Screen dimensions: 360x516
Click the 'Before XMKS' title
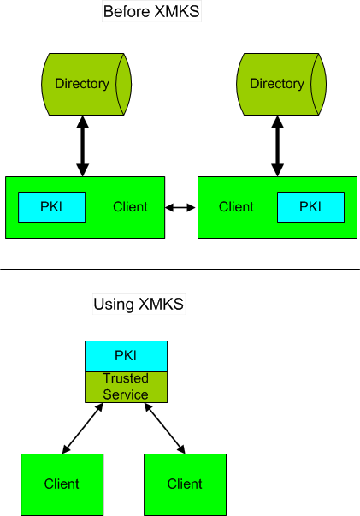tap(151, 11)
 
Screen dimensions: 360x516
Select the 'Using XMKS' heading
tap(139, 304)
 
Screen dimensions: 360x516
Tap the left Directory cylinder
tap(86, 84)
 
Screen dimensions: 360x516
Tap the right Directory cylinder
tap(281, 84)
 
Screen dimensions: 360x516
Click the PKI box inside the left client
tap(51, 207)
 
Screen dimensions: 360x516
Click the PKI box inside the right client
tap(310, 207)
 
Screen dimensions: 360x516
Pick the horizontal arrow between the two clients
tap(180, 207)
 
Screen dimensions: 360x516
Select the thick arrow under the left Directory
tap(83, 145)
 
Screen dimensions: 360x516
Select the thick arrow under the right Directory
tap(277, 145)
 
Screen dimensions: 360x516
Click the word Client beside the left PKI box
tap(130, 207)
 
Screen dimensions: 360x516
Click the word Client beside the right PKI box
tap(236, 207)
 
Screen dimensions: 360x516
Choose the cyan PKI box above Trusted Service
tap(127, 356)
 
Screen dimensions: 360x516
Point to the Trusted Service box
tap(127, 387)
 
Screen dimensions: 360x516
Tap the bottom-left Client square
tap(62, 484)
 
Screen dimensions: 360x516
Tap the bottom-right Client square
tap(185, 484)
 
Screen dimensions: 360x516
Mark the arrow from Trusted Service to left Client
tap(83, 428)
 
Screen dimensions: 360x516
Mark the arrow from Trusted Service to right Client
tap(165, 428)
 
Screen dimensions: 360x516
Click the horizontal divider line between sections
tap(180, 269)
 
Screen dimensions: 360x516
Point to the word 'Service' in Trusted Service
tap(126, 394)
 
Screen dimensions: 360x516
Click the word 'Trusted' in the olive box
tap(126, 378)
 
